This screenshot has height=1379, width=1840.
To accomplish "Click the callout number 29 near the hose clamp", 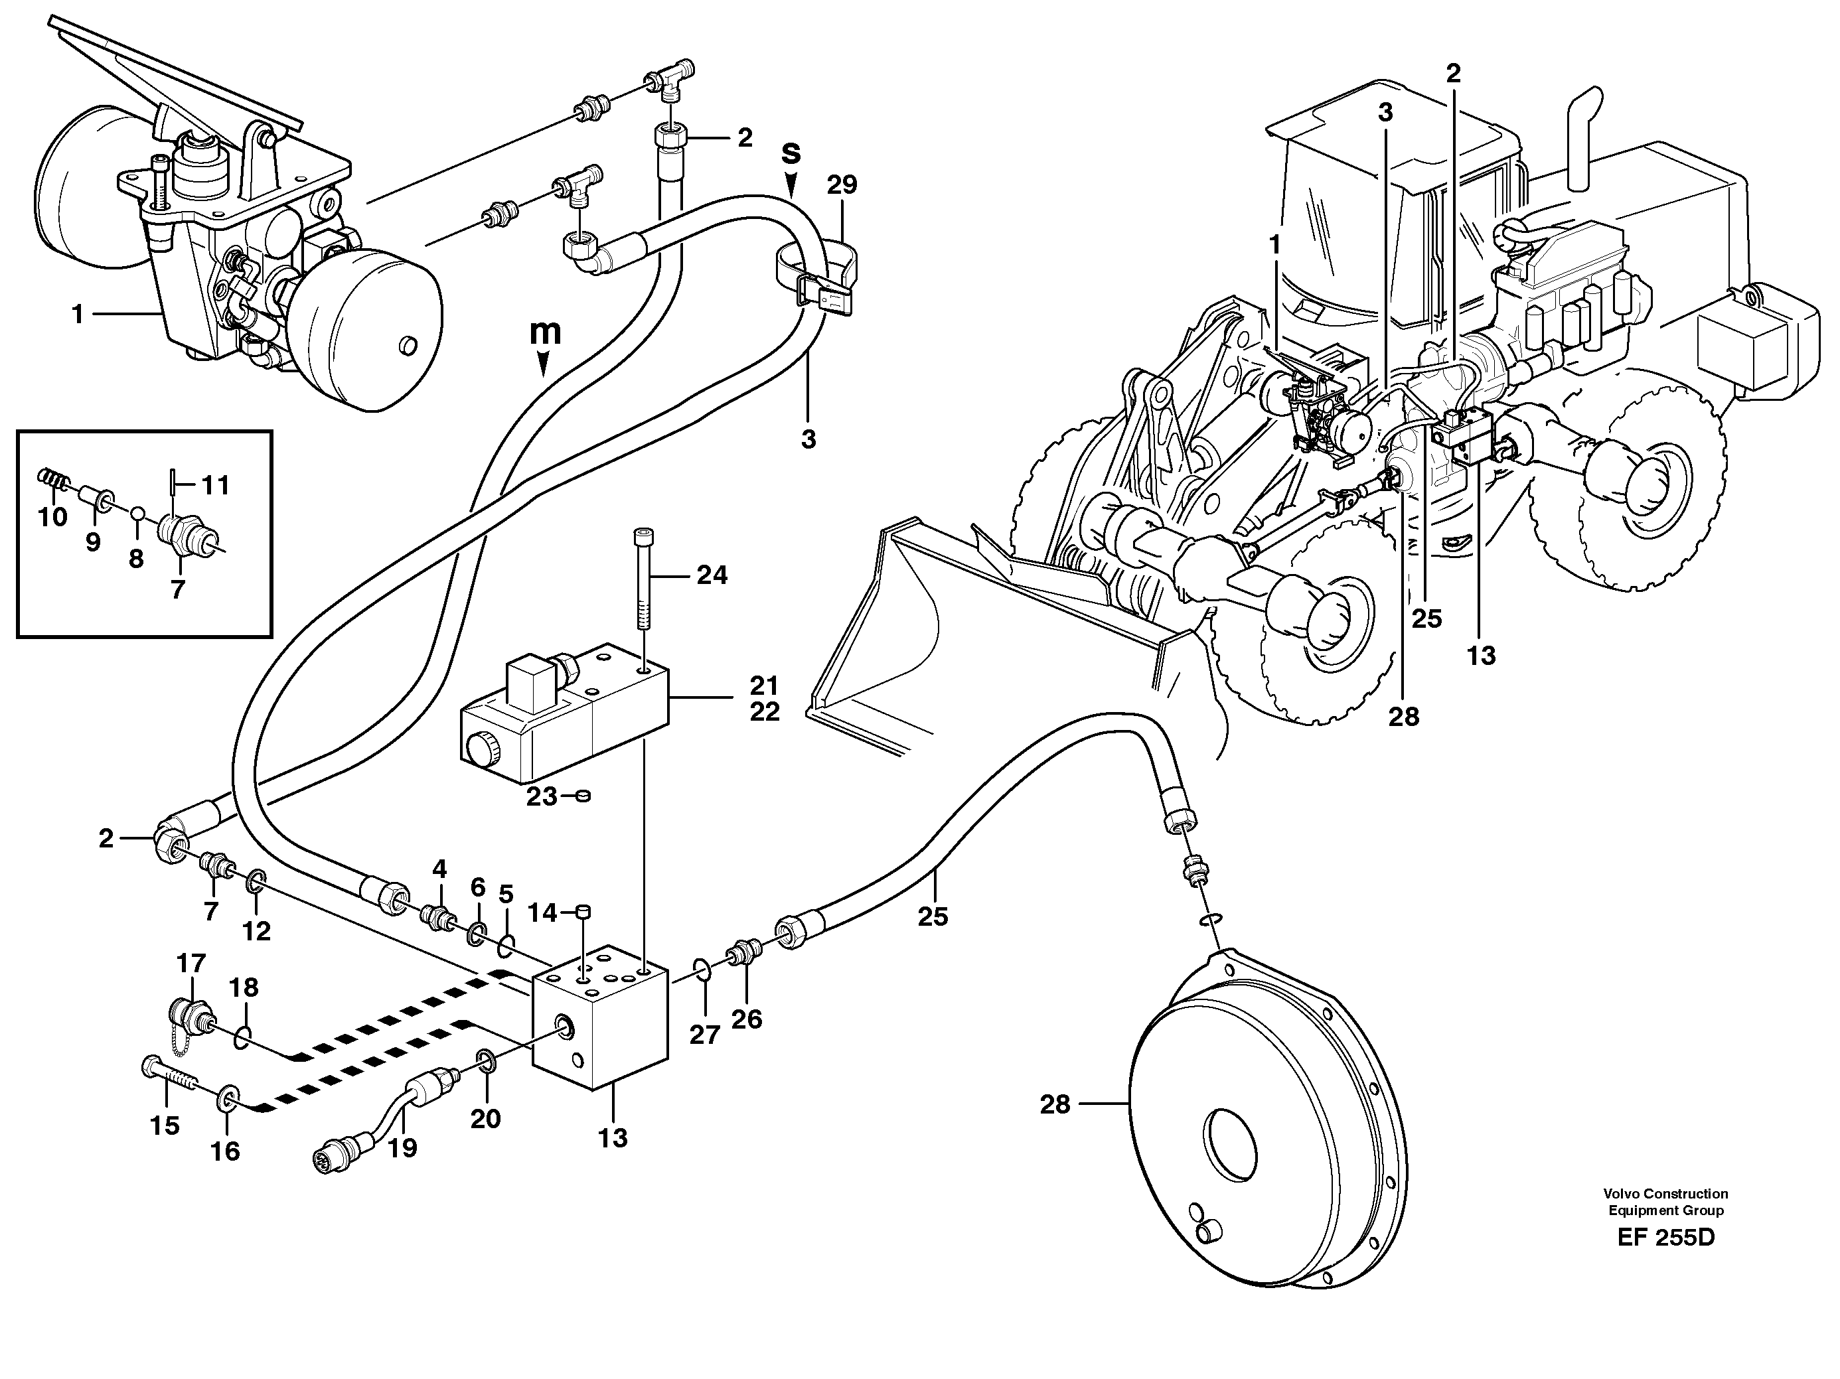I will [842, 184].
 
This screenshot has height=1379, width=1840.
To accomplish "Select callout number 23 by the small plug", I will [541, 797].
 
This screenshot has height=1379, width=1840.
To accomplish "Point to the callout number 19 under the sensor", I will [404, 1148].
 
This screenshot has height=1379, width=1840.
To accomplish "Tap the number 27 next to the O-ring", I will [704, 1037].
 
